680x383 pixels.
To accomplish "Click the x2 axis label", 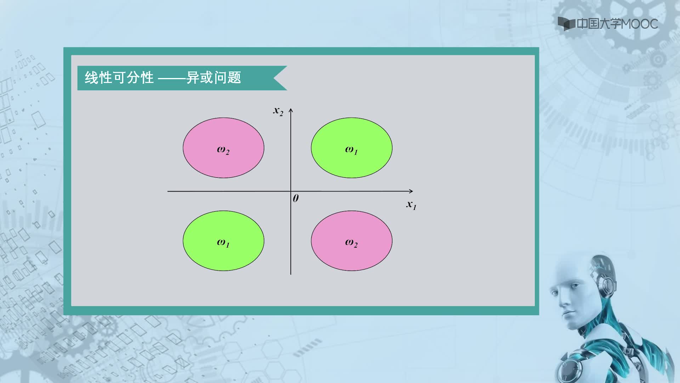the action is click(278, 111).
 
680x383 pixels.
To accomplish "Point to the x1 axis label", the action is click(411, 205).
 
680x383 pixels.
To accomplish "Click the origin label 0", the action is click(296, 198).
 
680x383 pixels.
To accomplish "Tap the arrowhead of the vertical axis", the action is click(291, 111).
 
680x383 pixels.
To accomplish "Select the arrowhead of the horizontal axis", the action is click(411, 191).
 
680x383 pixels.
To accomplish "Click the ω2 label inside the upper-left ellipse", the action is click(223, 150).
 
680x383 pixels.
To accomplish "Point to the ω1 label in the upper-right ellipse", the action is click(351, 150).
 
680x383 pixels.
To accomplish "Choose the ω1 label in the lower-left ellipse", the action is click(223, 243).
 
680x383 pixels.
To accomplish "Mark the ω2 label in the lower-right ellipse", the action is click(351, 243).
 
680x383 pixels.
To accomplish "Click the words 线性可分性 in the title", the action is click(119, 78).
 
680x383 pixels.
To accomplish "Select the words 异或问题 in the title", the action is click(214, 78).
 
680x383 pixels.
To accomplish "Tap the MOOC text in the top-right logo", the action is click(639, 24).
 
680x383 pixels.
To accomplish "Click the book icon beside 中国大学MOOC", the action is click(566, 24).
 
